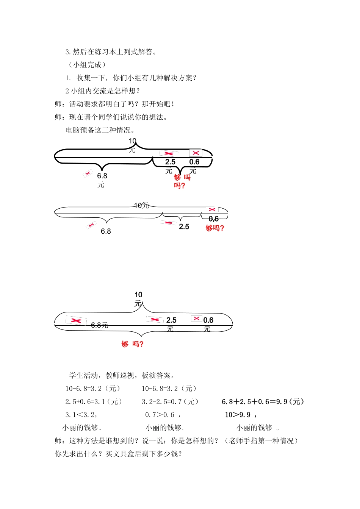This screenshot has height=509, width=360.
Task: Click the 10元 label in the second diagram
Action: [141, 205]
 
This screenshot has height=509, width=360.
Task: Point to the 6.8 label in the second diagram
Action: [106, 231]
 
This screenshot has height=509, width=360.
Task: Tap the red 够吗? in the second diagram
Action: [215, 228]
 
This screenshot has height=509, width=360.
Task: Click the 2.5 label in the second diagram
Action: [184, 227]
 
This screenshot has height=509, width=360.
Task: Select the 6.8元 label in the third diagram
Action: [99, 325]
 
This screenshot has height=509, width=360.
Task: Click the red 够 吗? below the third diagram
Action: [133, 344]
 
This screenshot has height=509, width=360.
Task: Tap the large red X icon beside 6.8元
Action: [76, 321]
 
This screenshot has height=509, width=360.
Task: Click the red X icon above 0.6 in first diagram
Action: [196, 153]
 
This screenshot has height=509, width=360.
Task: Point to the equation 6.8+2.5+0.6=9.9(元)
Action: [263, 402]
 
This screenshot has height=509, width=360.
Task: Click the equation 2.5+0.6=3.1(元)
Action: [94, 402]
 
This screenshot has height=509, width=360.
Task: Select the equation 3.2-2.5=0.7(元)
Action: [170, 402]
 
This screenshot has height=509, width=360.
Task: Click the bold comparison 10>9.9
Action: [241, 415]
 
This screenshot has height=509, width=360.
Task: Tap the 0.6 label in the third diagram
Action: [208, 320]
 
